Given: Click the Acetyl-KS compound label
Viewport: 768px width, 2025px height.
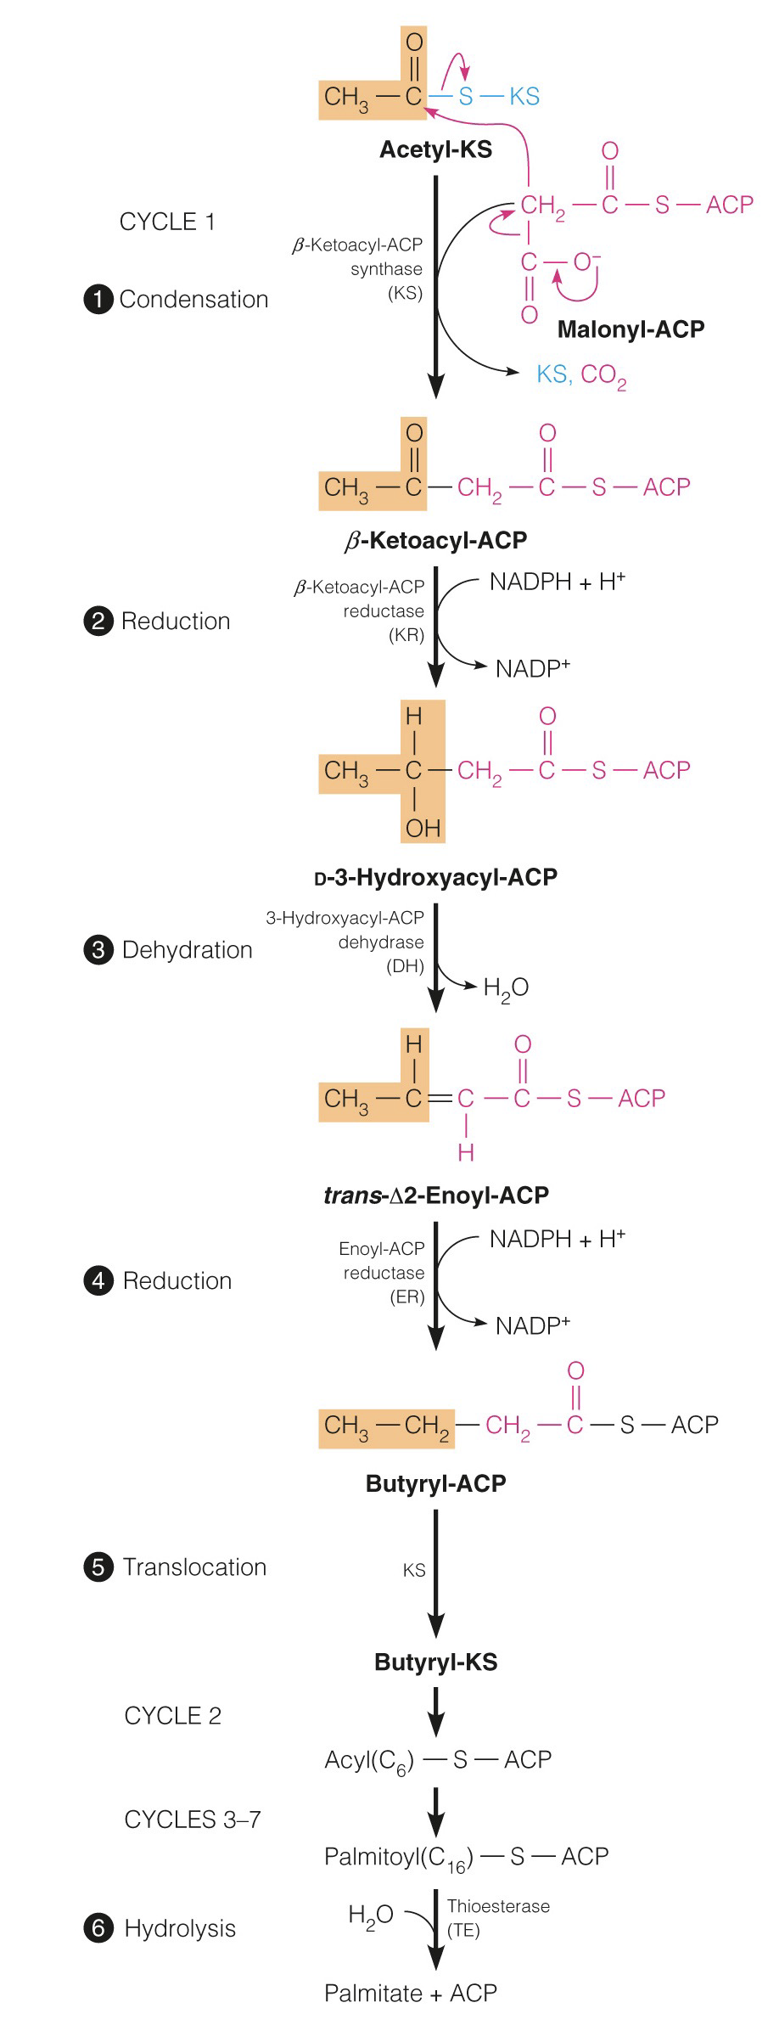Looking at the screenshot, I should tap(435, 149).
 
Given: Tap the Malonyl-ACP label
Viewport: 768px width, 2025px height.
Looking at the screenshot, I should tap(631, 329).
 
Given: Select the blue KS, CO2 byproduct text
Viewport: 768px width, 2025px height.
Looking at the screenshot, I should tap(581, 374).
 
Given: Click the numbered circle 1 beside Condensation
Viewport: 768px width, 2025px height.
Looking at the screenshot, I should tap(98, 299).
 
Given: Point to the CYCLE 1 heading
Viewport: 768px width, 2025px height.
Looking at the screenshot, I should tap(167, 222).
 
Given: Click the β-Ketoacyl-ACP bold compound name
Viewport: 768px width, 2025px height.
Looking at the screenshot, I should tap(435, 540).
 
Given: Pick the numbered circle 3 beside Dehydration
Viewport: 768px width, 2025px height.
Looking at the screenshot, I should tap(98, 949).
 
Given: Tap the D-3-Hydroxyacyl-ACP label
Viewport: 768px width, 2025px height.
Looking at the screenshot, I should tap(435, 876).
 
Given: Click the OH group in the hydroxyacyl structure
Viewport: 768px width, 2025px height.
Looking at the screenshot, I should tap(423, 827).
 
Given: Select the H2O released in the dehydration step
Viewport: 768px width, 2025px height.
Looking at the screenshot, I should tap(506, 987).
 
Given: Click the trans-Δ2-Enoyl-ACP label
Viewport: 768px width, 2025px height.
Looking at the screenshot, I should tap(435, 1195).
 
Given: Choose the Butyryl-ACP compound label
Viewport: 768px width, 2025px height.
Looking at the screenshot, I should tap(435, 1482).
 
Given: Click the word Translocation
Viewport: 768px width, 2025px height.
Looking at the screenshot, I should tap(194, 1567).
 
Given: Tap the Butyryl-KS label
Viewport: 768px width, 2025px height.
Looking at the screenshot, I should tap(435, 1662).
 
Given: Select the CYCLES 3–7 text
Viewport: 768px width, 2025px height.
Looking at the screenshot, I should tap(193, 1820).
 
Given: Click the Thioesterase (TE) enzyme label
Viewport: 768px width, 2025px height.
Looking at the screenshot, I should tap(497, 1918).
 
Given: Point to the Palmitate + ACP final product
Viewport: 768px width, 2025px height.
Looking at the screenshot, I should tap(411, 1993).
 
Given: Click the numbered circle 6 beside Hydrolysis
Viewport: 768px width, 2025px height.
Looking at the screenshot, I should tap(98, 1928).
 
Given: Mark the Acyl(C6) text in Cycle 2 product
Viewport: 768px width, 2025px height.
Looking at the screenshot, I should tap(369, 1760).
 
